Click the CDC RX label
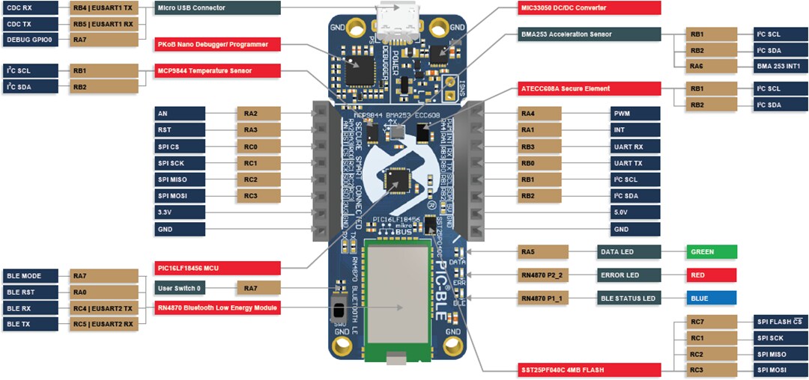[31, 8]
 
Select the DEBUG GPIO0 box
[31, 39]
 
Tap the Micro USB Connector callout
[218, 8]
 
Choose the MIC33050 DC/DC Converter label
[590, 8]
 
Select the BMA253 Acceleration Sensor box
[590, 34]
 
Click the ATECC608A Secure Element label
[590, 89]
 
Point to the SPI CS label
[180, 147]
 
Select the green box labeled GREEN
[712, 252]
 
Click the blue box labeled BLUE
[712, 298]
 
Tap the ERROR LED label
[628, 275]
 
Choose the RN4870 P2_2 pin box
[543, 275]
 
